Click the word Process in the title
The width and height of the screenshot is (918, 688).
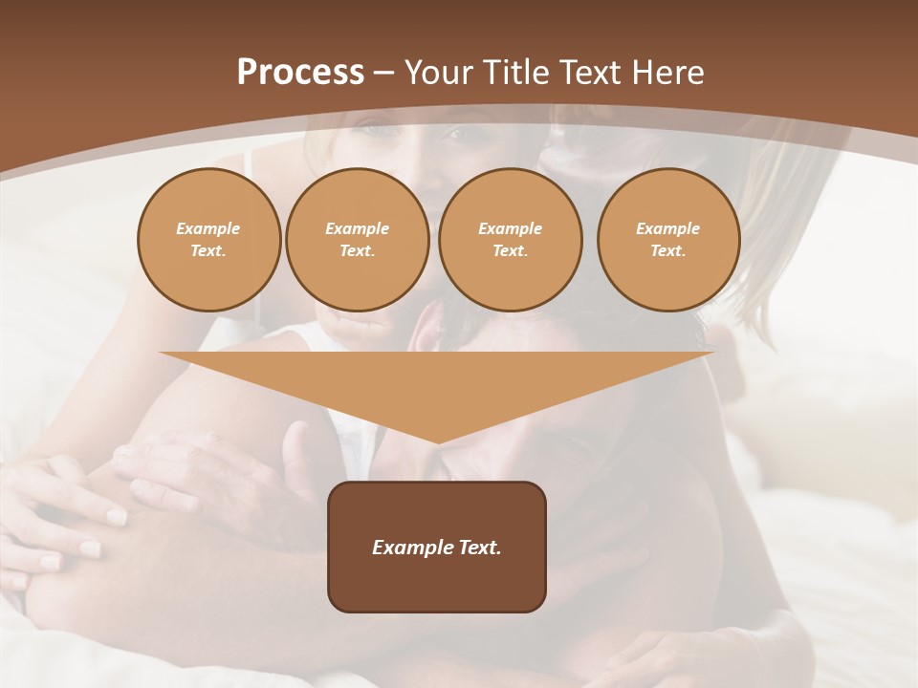pos(300,73)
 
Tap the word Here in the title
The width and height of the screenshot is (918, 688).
pos(668,73)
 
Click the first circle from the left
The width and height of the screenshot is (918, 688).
pos(208,240)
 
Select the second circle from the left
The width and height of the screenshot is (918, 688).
pos(357,240)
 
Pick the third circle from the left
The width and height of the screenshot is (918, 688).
pos(510,240)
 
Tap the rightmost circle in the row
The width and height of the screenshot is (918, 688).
pos(667,240)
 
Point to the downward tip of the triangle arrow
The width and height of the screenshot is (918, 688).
pos(437,441)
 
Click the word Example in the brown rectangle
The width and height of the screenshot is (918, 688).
pos(408,548)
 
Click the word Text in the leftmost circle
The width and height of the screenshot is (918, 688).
pos(208,251)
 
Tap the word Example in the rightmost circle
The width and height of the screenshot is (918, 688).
pos(667,228)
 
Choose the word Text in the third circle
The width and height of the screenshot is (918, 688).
pos(510,251)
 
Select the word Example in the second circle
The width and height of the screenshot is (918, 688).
pos(357,228)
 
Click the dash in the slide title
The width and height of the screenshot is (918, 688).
pos(383,73)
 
